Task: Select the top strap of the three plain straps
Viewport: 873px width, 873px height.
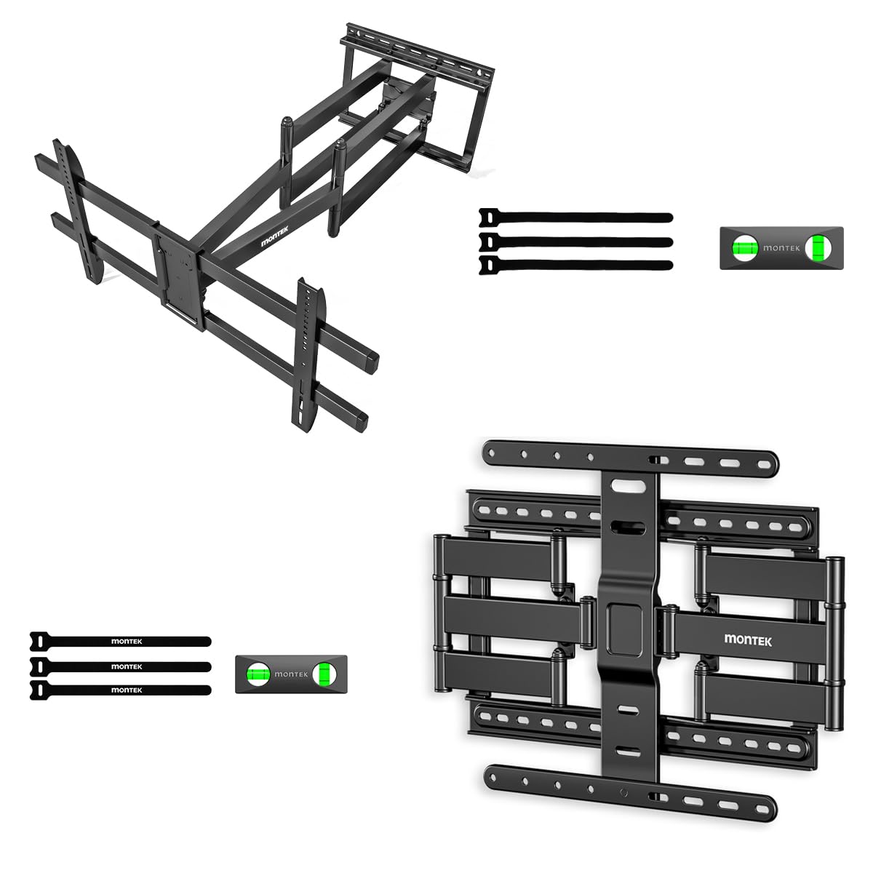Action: tap(575, 217)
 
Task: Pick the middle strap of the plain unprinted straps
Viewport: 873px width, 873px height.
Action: tap(575, 241)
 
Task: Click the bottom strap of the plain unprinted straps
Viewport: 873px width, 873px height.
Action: tap(575, 265)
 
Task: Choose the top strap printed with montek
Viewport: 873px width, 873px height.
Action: tap(120, 641)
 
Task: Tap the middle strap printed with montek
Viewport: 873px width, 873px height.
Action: tap(120, 666)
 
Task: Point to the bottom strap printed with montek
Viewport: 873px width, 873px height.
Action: tap(120, 690)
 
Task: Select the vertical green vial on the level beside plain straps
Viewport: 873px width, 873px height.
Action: tap(821, 248)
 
